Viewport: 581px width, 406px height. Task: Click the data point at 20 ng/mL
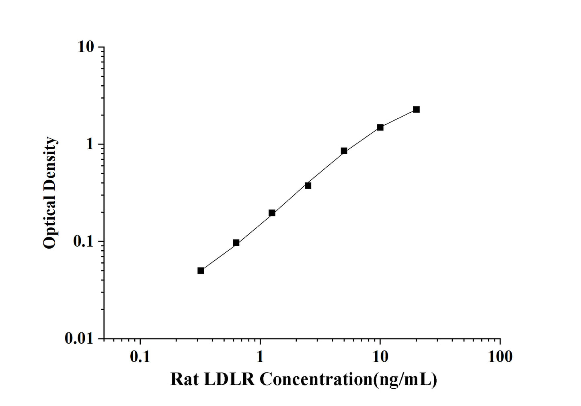(416, 109)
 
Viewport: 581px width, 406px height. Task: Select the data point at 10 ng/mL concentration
(380, 128)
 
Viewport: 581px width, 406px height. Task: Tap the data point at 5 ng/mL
(344, 151)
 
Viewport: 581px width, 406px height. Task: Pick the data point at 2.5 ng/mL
(308, 185)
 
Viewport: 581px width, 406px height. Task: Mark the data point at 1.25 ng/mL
(272, 213)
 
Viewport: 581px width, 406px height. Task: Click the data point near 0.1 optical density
(236, 243)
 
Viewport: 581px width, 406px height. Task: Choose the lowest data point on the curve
(201, 270)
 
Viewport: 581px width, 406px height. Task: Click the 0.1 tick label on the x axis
(140, 356)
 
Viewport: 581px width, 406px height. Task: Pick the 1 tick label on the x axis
(260, 356)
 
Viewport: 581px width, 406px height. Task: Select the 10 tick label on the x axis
(380, 356)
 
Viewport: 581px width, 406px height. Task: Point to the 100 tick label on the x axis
(500, 356)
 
